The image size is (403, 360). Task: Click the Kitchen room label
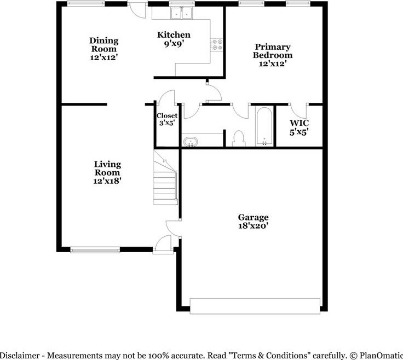(x=174, y=34)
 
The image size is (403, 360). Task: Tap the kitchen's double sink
(x=181, y=13)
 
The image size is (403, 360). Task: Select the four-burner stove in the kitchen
(x=217, y=44)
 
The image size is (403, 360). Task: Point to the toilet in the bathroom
(x=239, y=138)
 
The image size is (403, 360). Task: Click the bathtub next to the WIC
(x=264, y=126)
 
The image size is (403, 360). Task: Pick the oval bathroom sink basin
(x=191, y=142)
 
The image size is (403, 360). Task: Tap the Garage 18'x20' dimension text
(x=253, y=226)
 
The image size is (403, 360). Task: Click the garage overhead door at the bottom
(x=255, y=306)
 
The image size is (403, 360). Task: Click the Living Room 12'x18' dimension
(x=107, y=181)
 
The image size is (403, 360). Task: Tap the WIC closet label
(x=299, y=123)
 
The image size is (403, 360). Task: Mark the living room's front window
(x=95, y=249)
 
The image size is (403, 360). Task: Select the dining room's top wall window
(x=86, y=4)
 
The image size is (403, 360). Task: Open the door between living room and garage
(x=174, y=228)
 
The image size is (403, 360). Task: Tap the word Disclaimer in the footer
(x=20, y=356)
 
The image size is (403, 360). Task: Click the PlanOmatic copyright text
(x=376, y=356)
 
